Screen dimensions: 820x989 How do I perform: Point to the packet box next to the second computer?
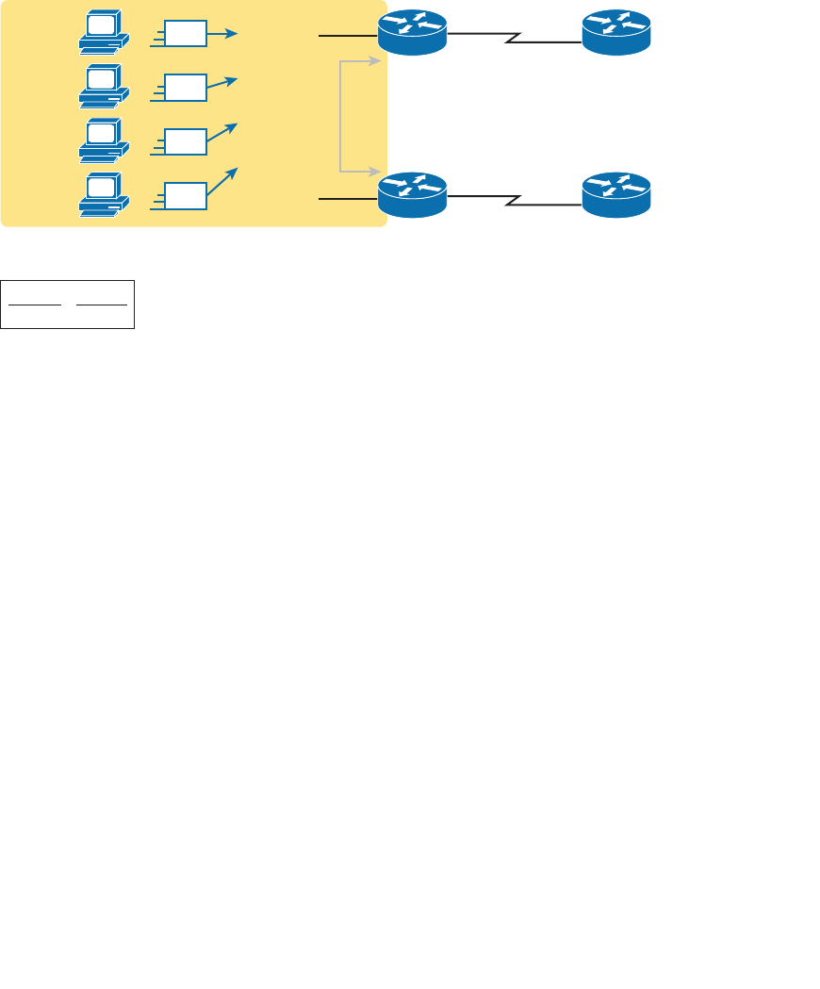click(185, 88)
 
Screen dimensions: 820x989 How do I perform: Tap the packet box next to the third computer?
click(185, 141)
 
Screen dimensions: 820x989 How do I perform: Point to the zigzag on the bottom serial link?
click(515, 200)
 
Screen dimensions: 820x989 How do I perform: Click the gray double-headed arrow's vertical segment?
click(340, 116)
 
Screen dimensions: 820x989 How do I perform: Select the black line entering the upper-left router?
click(348, 36)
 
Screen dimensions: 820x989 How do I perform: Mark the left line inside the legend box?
click(34, 305)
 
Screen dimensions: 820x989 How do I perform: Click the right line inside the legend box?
click(101, 305)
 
